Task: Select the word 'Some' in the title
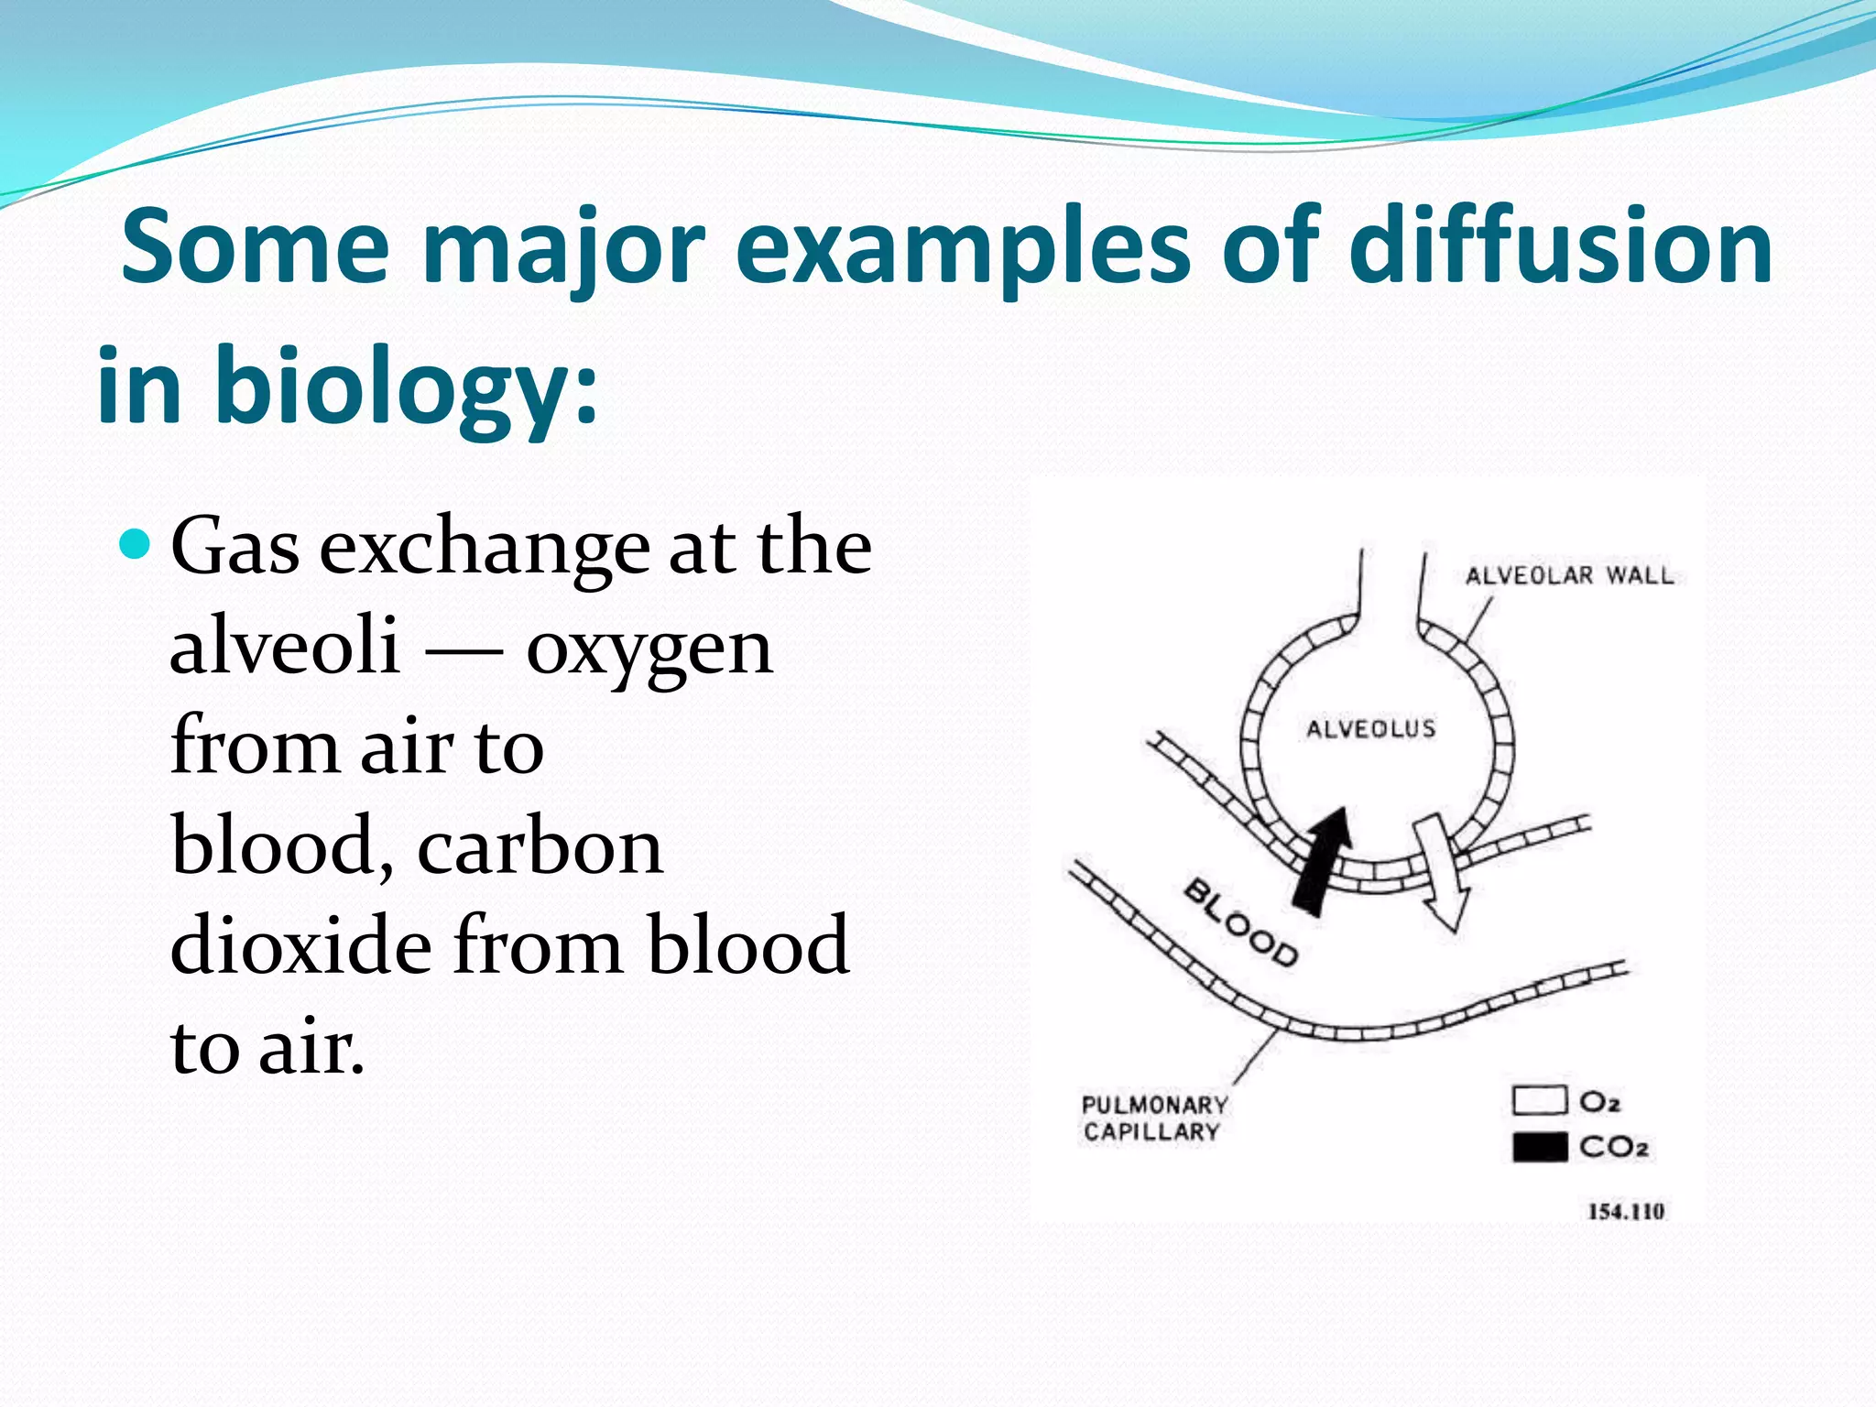pyautogui.click(x=256, y=245)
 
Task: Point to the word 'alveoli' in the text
pyautogui.click(x=285, y=646)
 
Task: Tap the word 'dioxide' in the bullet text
pyautogui.click(x=300, y=944)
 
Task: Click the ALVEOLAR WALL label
pyautogui.click(x=1569, y=575)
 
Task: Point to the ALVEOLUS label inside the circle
pyautogui.click(x=1370, y=729)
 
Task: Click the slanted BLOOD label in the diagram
pyautogui.click(x=1241, y=923)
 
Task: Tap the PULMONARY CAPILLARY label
pyautogui.click(x=1153, y=1118)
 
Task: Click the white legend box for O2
pyautogui.click(x=1539, y=1099)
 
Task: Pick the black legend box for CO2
pyautogui.click(x=1539, y=1148)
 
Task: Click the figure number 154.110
pyautogui.click(x=1625, y=1212)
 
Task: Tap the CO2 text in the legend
pyautogui.click(x=1613, y=1147)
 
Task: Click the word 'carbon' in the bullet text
pyautogui.click(x=540, y=845)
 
